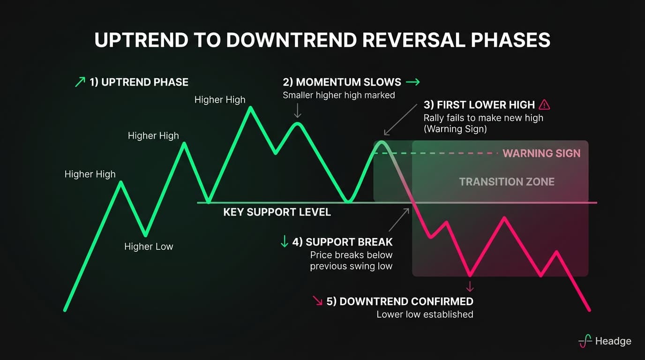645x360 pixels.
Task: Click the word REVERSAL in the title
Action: point(403,40)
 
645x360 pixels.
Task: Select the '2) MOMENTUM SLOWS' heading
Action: point(342,82)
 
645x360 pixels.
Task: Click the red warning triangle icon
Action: point(544,105)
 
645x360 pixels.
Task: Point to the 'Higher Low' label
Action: point(149,247)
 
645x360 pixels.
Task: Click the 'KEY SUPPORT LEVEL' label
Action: point(277,212)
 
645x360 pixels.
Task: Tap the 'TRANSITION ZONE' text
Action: point(506,182)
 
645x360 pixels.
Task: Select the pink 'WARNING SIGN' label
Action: point(541,153)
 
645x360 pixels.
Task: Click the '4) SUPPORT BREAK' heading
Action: point(342,242)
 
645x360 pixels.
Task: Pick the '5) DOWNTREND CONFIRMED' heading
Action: point(399,301)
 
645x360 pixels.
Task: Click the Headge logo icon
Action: point(585,341)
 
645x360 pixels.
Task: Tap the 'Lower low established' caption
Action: point(425,315)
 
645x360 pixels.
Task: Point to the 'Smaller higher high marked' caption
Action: point(338,95)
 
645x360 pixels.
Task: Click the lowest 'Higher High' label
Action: point(90,174)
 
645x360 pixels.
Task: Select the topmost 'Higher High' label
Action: point(220,100)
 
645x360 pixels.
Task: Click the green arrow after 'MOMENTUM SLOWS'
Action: point(412,82)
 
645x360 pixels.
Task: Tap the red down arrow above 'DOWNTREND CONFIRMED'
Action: point(470,286)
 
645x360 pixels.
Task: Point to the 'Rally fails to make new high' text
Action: point(483,118)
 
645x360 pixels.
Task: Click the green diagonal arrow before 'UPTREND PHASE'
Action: point(80,82)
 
